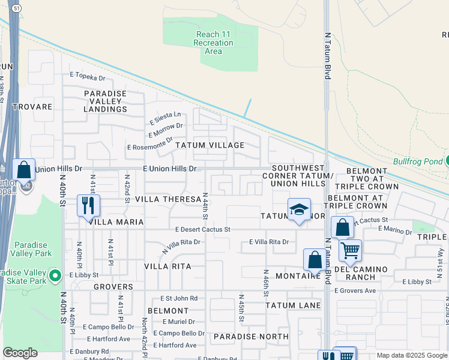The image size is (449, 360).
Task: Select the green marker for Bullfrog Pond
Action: point(447,161)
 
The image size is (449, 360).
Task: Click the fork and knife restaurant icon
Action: point(88,205)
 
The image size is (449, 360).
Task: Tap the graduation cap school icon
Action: point(298,209)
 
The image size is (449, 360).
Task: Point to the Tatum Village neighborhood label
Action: point(209,145)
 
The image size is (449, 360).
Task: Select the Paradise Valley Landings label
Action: point(105,101)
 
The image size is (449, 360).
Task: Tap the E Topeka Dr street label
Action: point(87,76)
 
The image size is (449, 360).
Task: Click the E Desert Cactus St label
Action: point(203,229)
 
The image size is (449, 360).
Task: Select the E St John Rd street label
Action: point(179,298)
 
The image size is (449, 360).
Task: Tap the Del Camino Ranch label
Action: point(359,273)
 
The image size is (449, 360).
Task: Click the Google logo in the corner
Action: point(20,353)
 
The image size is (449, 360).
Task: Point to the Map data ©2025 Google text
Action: point(412,355)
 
